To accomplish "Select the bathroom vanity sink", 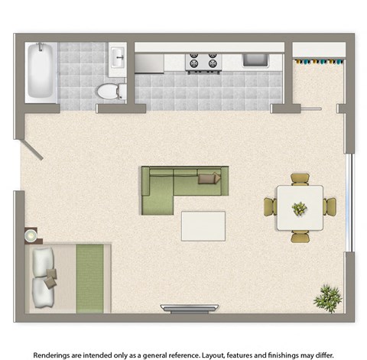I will point(117,57).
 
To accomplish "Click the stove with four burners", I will point(203,62).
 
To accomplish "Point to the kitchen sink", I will point(253,59).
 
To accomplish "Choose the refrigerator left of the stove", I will point(150,62).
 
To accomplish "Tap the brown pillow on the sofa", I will point(209,178).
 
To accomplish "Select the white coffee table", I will point(203,225).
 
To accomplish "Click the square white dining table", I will point(299,207).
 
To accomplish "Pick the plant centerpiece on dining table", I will point(299,207).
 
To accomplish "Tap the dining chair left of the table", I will point(271,207).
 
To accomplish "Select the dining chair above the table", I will point(300,179).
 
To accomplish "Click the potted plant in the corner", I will point(329,297).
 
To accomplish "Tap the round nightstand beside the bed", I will point(31,235).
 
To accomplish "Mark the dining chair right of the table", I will point(330,207).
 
